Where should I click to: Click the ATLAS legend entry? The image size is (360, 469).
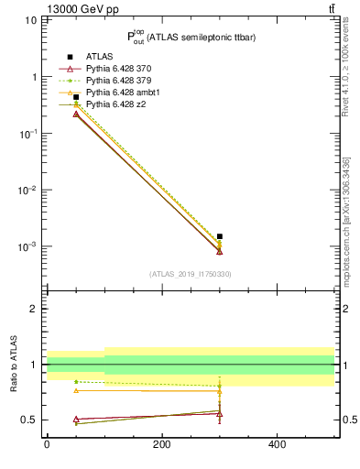point(100,57)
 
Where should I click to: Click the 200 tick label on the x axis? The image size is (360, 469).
point(161,445)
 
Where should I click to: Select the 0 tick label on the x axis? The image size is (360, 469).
point(47,445)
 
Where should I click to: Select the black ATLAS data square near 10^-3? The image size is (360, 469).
point(220,236)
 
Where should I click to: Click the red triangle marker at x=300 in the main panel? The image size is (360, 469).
point(220,251)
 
